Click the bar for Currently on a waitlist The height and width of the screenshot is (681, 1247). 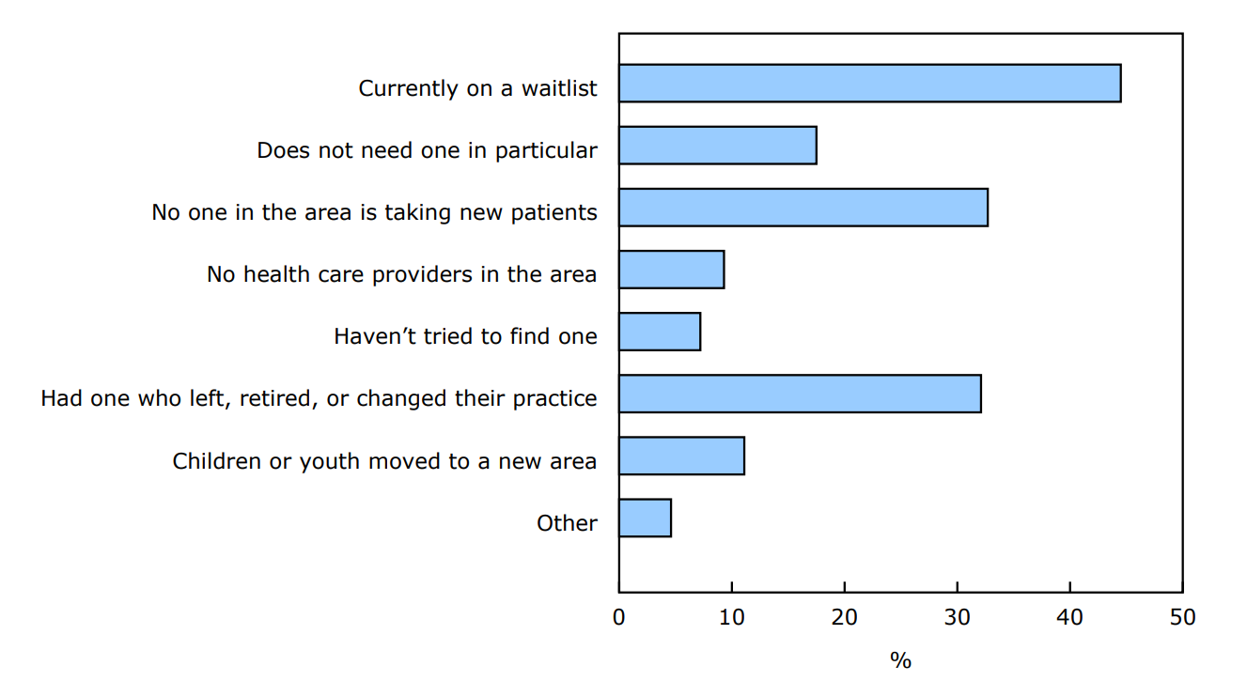(869, 83)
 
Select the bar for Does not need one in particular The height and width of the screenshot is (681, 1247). (717, 146)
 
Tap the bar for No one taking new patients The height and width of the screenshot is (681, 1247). (803, 208)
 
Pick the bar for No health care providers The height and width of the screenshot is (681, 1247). (671, 270)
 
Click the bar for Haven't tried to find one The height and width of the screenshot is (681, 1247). (659, 332)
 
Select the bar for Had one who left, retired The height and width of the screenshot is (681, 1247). (800, 394)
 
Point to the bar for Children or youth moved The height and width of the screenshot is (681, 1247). (681, 456)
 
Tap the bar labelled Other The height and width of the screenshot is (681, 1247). (645, 518)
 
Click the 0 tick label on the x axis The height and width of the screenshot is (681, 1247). (618, 617)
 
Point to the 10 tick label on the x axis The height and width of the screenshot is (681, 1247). (731, 617)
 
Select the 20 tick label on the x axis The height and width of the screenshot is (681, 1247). (844, 617)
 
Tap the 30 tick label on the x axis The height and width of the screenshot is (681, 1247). (957, 617)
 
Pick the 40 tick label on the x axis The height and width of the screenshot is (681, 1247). (1069, 617)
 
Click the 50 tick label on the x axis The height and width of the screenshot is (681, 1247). (1182, 617)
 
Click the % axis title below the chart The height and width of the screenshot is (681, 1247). (900, 660)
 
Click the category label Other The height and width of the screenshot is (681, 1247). (567, 523)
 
